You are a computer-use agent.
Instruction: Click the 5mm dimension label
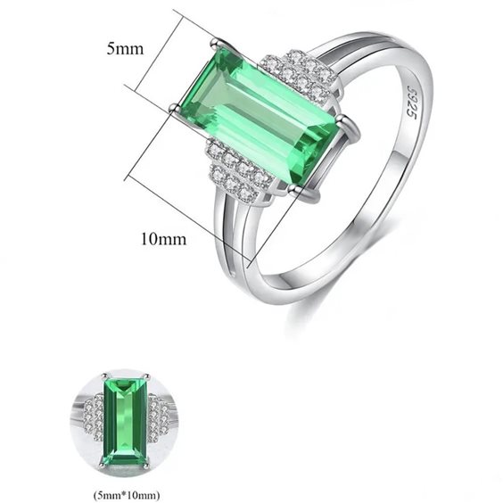125,49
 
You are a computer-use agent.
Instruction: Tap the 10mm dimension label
163,239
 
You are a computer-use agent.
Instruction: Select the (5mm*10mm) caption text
126,494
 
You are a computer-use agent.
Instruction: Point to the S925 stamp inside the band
411,102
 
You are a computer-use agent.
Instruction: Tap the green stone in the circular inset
126,421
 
